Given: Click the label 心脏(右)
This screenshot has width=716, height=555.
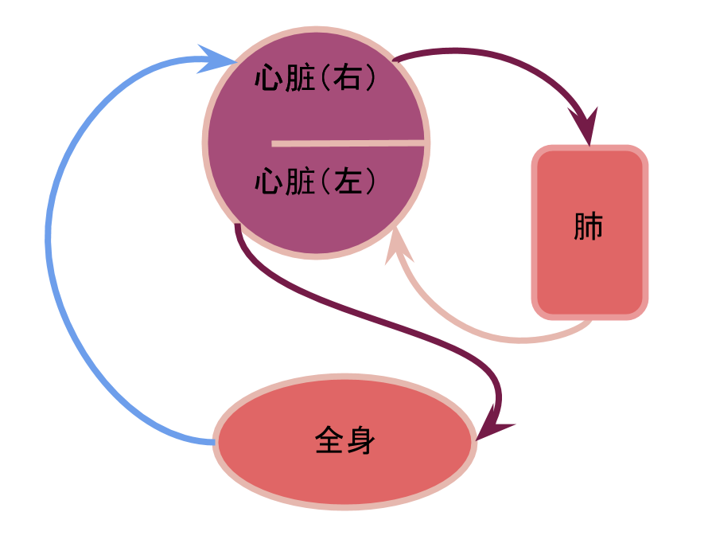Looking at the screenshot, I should click(316, 79).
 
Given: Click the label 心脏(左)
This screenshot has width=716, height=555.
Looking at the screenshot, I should click(316, 182).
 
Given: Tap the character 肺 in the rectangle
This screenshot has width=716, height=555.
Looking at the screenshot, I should click(589, 228).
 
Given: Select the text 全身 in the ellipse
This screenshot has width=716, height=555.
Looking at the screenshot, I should click(345, 440).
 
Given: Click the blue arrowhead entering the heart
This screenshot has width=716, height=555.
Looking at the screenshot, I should click(216, 59).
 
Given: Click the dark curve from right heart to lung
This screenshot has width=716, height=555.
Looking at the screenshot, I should click(509, 60).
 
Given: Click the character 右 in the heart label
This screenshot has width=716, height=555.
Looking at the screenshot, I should click(346, 79).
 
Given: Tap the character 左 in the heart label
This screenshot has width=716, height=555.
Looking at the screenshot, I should click(346, 182).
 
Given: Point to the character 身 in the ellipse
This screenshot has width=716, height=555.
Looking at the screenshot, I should click(360, 440).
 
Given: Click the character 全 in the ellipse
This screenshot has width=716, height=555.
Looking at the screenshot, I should click(329, 440).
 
